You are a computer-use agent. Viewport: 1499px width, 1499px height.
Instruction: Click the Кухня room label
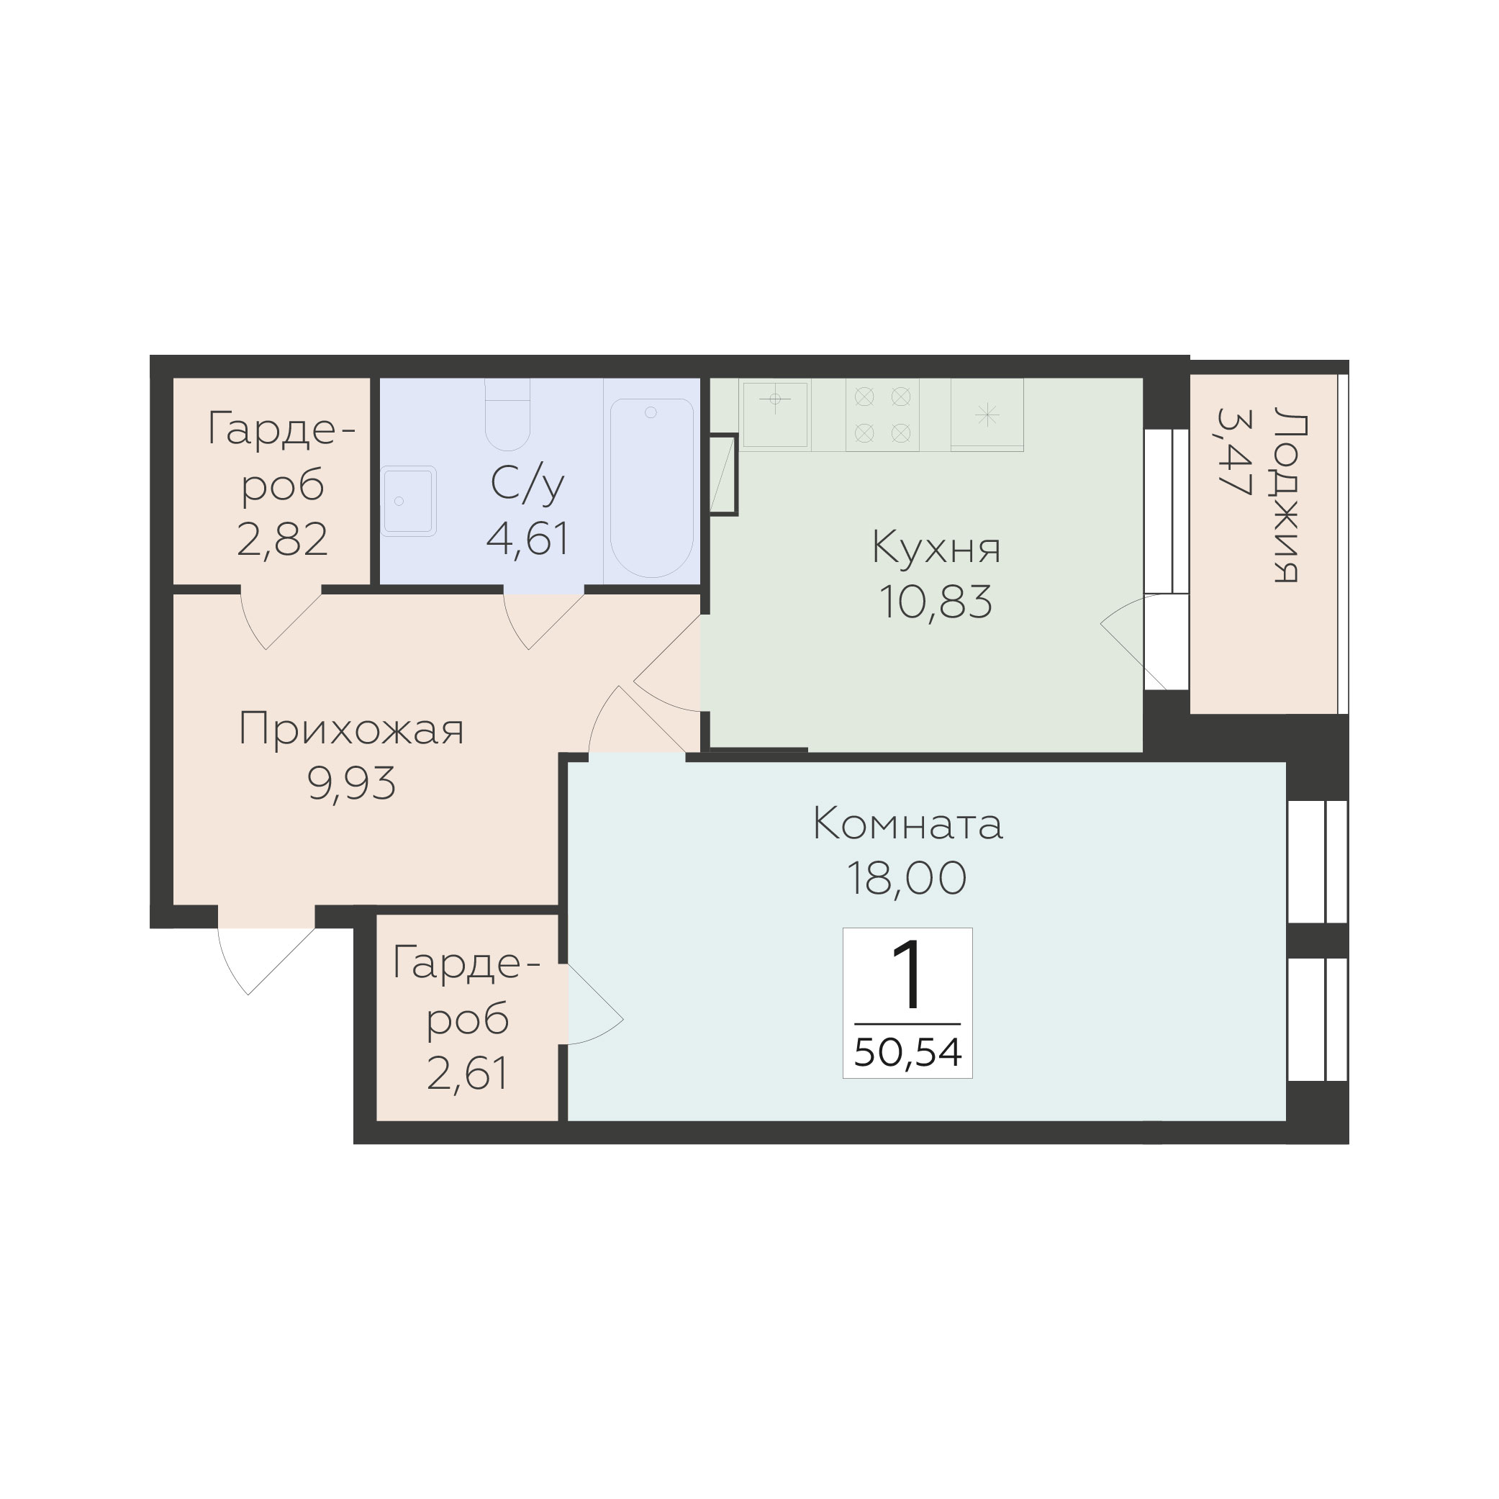pyautogui.click(x=936, y=547)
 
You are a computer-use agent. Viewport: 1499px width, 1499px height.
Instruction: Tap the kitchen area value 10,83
pyautogui.click(x=936, y=602)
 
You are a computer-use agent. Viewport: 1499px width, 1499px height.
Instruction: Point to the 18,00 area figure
pyautogui.click(x=906, y=878)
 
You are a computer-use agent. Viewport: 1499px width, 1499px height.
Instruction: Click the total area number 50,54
pyautogui.click(x=907, y=1053)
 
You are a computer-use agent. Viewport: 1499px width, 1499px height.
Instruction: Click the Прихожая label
pyautogui.click(x=350, y=730)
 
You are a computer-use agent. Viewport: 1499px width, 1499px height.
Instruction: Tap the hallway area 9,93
pyautogui.click(x=351, y=783)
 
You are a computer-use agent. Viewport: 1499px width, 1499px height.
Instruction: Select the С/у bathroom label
pyautogui.click(x=527, y=486)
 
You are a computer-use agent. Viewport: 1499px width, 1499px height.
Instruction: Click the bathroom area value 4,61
pyautogui.click(x=527, y=538)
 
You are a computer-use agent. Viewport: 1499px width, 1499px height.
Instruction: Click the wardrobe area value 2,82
pyautogui.click(x=282, y=539)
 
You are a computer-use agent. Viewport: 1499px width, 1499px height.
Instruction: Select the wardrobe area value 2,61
pyautogui.click(x=468, y=1074)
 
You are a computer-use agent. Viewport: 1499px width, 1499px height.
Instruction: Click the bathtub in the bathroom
pyautogui.click(x=652, y=488)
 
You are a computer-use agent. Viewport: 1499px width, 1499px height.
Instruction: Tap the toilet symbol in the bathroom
pyautogui.click(x=507, y=415)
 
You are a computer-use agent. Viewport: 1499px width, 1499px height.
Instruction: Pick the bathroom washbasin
pyautogui.click(x=408, y=501)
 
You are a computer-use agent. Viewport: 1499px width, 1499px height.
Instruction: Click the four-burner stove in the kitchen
pyautogui.click(x=882, y=415)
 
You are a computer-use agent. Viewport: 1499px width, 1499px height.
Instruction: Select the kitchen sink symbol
pyautogui.click(x=775, y=415)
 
